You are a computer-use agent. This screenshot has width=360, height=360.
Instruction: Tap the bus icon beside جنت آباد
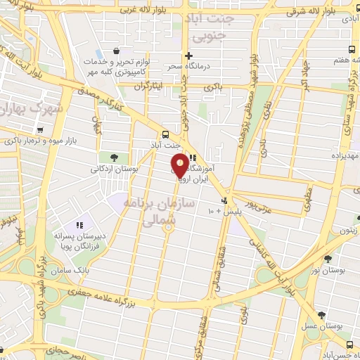165,134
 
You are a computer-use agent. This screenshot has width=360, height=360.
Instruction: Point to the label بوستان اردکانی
115,169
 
